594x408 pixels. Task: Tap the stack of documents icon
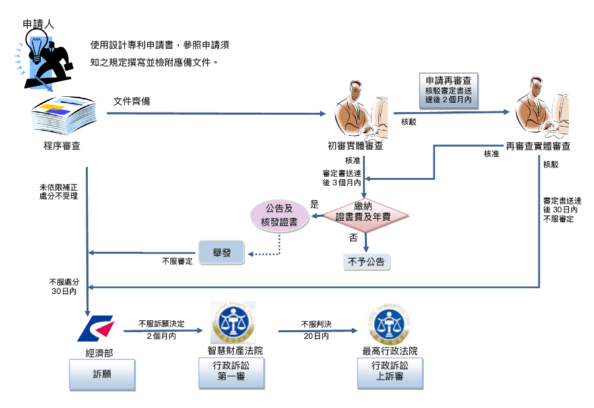point(64,116)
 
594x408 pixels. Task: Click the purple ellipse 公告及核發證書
point(279,214)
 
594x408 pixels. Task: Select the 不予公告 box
point(366,262)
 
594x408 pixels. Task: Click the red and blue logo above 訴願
point(96,329)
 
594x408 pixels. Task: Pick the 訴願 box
point(102,374)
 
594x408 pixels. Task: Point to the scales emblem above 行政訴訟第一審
point(233,323)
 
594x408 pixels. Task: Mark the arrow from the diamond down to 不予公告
point(365,240)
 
